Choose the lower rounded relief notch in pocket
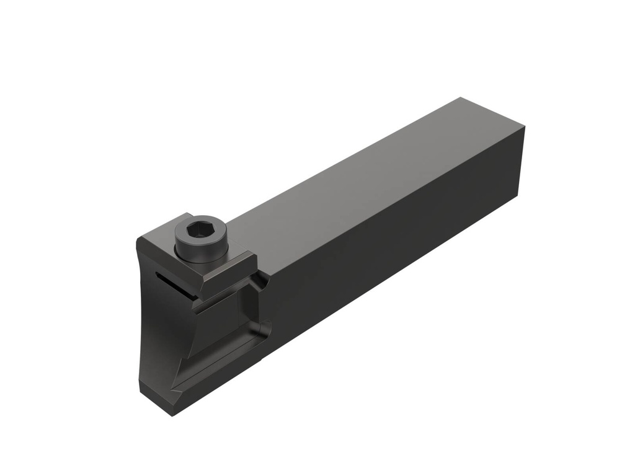265,325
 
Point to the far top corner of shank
460,97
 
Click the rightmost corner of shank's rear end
525,127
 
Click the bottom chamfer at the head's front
158,397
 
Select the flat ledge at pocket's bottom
223,363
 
